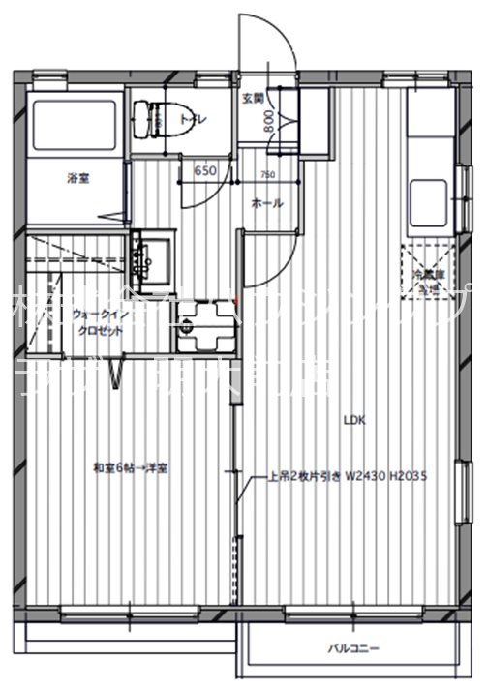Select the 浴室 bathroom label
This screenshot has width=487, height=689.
[77, 177]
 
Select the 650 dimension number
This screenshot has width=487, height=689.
[204, 171]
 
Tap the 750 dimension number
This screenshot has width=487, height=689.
[267, 176]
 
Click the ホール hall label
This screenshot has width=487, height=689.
[266, 204]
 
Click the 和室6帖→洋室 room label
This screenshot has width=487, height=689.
[131, 468]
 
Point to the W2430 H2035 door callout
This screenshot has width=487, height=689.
[349, 477]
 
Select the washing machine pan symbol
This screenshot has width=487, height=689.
[202, 324]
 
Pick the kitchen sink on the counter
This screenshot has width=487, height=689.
[426, 194]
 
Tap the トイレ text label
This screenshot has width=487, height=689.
[187, 121]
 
